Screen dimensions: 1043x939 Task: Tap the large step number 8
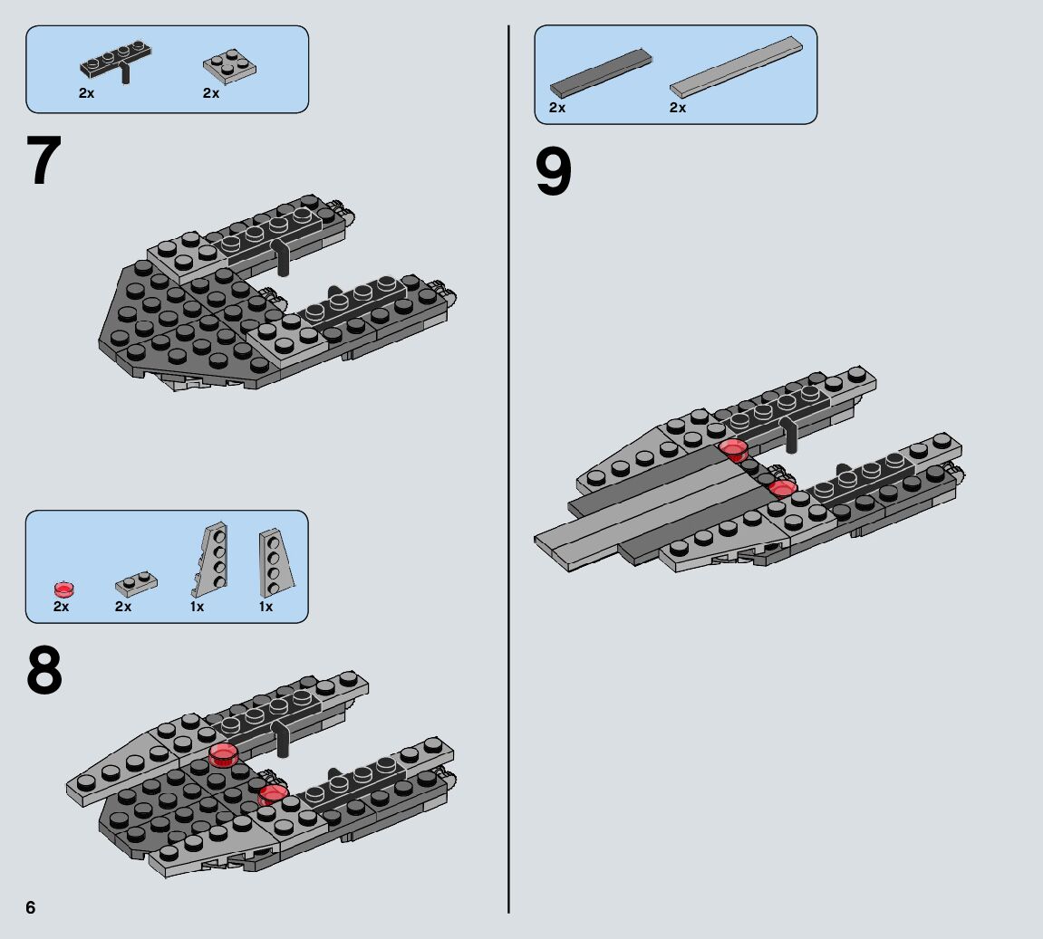[44, 671]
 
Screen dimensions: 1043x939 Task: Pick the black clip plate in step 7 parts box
[117, 62]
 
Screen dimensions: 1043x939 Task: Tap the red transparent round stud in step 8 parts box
[63, 588]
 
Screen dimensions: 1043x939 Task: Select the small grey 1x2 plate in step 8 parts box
[135, 582]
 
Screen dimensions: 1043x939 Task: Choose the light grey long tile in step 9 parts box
[738, 67]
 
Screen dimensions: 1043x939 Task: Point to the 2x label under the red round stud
[61, 607]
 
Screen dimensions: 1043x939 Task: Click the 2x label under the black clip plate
[86, 93]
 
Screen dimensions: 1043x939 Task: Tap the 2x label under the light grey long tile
[678, 108]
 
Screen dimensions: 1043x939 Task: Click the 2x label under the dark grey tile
[557, 108]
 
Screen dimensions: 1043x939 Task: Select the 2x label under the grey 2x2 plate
[211, 93]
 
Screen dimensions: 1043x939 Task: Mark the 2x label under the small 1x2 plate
[123, 607]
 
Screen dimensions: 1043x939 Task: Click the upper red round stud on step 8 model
[223, 754]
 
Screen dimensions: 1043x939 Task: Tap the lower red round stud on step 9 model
[781, 488]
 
